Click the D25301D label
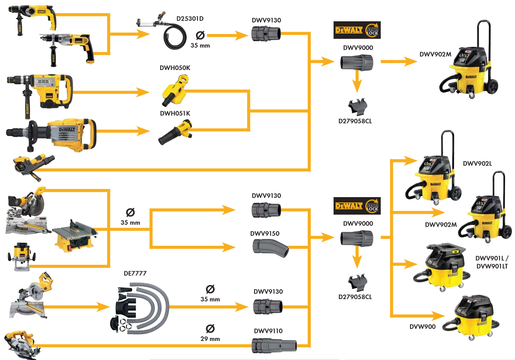(190, 19)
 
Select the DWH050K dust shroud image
(175, 91)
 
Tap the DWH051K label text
(175, 113)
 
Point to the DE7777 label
(135, 273)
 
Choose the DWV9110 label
(268, 331)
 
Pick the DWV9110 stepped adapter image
(274, 345)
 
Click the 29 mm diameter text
(210, 339)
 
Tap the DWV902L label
(477, 164)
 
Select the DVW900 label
(422, 327)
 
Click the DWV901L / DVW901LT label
(492, 262)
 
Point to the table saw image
(74, 236)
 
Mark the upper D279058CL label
(355, 121)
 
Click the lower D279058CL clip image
(357, 282)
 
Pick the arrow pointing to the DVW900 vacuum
(434, 315)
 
